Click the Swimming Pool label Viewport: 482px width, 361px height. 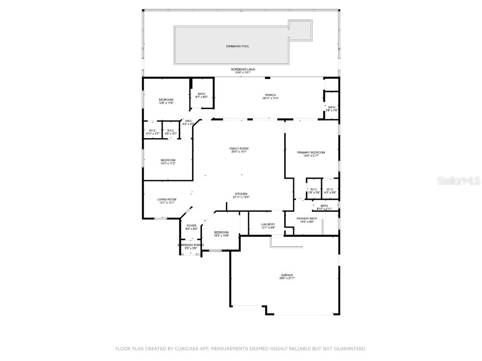tap(238, 47)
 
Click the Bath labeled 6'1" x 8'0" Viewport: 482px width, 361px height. tap(201, 95)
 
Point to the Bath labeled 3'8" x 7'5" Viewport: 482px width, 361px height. tap(332, 109)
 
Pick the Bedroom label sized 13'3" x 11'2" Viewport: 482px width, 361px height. tap(168, 162)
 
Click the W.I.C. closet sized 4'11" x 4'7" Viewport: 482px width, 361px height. tap(153, 132)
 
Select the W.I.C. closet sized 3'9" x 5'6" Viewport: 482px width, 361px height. tap(314, 191)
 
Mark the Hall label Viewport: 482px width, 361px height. tap(188, 122)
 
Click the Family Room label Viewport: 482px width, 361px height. tap(239, 150)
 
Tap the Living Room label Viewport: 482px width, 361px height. tap(167, 201)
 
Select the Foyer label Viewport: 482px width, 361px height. tap(191, 227)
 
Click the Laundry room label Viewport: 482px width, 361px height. tap(268, 226)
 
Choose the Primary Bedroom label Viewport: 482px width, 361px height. tap(311, 154)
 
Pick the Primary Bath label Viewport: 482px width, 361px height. tap(306, 220)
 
